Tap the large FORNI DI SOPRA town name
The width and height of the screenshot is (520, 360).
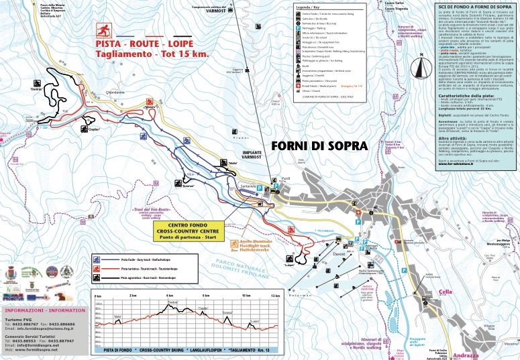(x=319, y=145)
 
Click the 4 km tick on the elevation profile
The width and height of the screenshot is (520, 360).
(x=169, y=296)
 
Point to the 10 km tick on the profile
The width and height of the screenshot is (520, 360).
(x=244, y=296)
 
